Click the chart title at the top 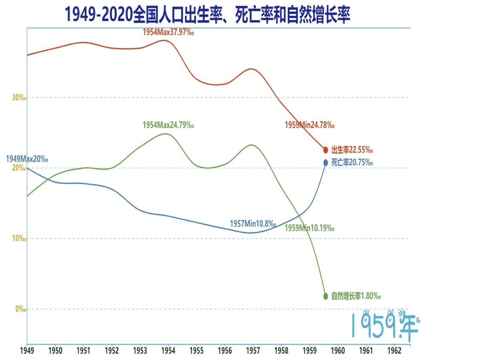click(x=207, y=15)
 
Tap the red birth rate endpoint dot click(x=325, y=150)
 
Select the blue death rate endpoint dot click(x=325, y=163)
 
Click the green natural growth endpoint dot click(x=325, y=296)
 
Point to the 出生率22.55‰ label click(x=352, y=150)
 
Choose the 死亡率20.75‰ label click(x=352, y=162)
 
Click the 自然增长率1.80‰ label click(x=356, y=296)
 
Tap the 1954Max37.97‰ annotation click(x=168, y=32)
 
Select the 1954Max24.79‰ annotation click(x=168, y=125)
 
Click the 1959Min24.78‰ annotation click(x=310, y=125)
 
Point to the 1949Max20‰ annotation click(x=27, y=159)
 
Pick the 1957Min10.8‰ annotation click(x=253, y=224)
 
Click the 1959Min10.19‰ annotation click(x=310, y=228)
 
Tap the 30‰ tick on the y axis click(x=19, y=98)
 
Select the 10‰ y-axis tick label click(x=19, y=238)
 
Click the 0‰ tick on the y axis click(x=21, y=309)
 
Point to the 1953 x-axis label click(x=140, y=351)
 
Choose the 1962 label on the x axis click(x=394, y=351)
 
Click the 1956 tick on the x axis click(x=225, y=351)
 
